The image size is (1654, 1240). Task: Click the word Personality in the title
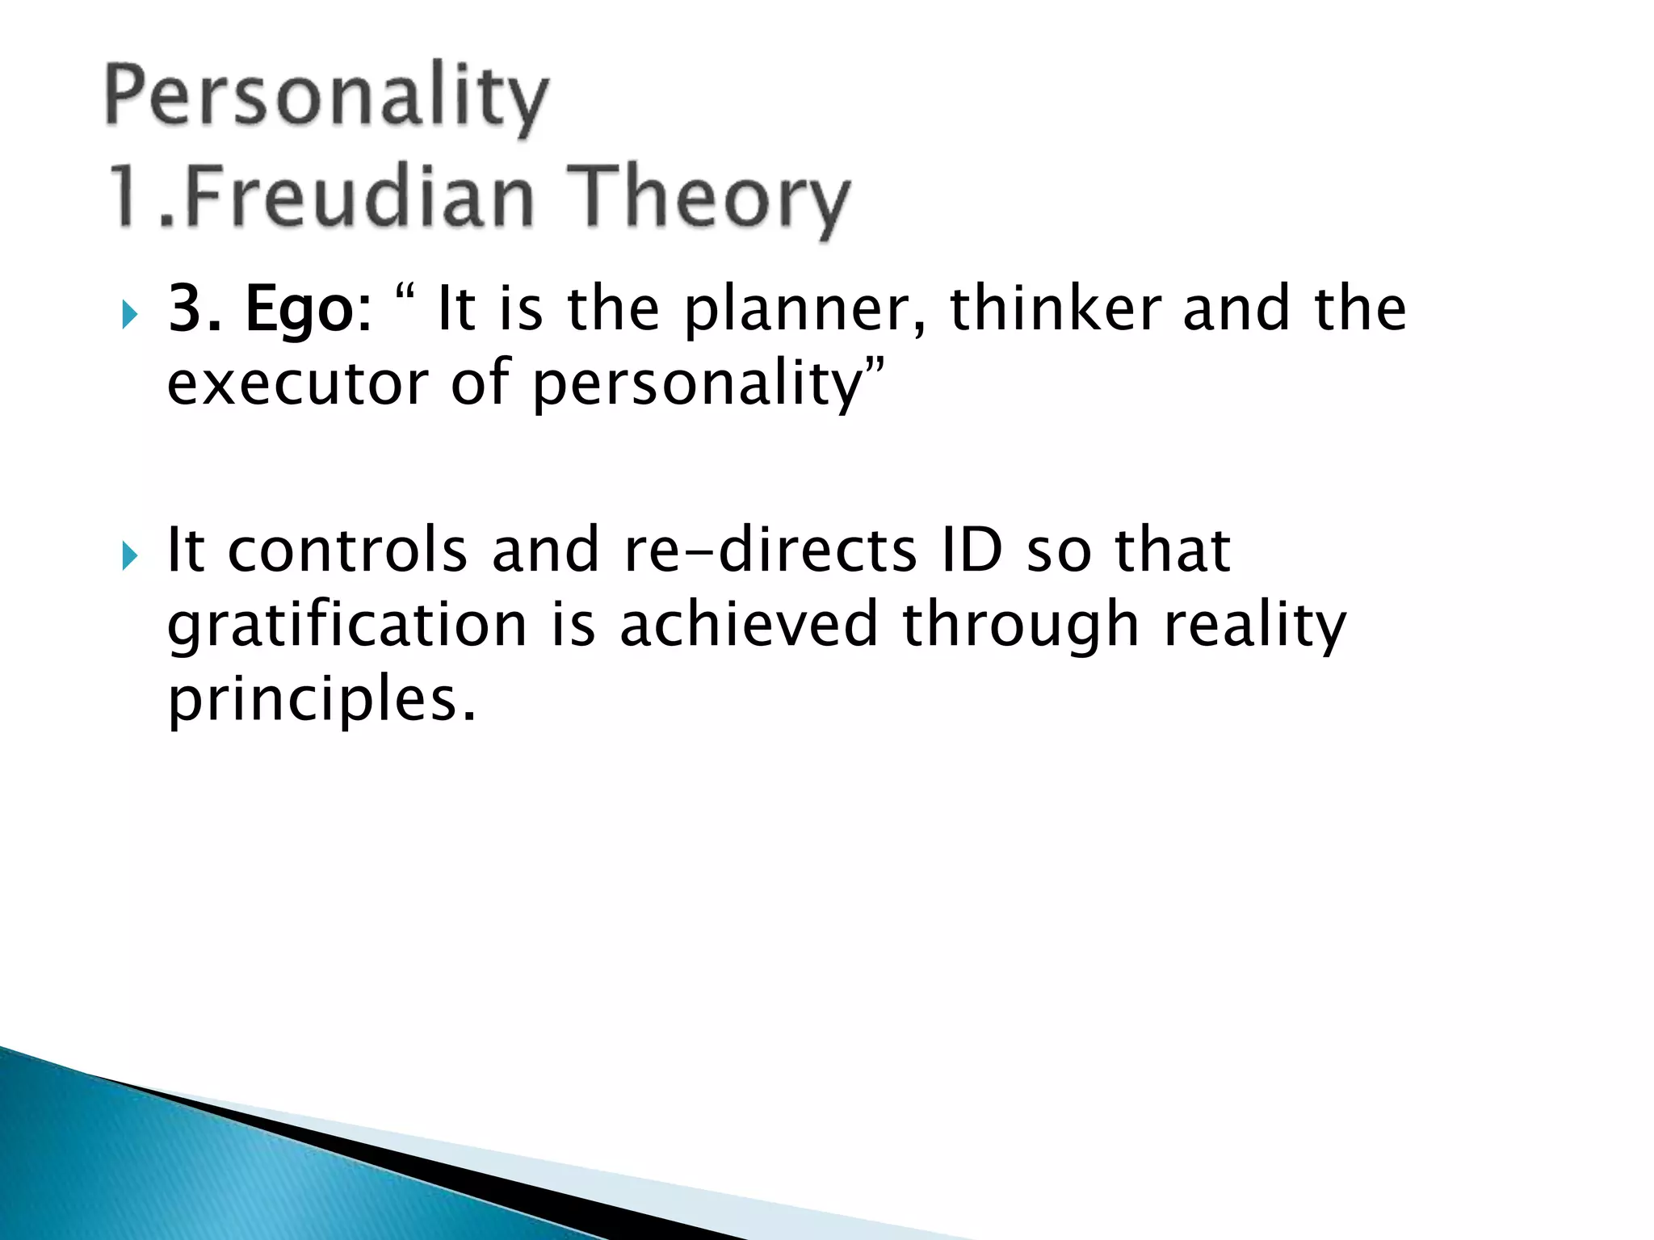327,98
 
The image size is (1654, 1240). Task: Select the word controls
347,551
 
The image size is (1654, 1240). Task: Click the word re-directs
770,551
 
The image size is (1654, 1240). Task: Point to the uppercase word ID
972,551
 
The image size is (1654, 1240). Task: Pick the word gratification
347,626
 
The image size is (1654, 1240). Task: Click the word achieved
749,625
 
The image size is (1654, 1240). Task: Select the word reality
1255,626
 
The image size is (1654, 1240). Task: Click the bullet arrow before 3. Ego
130,313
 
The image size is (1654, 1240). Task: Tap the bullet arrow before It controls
130,555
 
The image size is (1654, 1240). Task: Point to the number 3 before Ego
184,309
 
